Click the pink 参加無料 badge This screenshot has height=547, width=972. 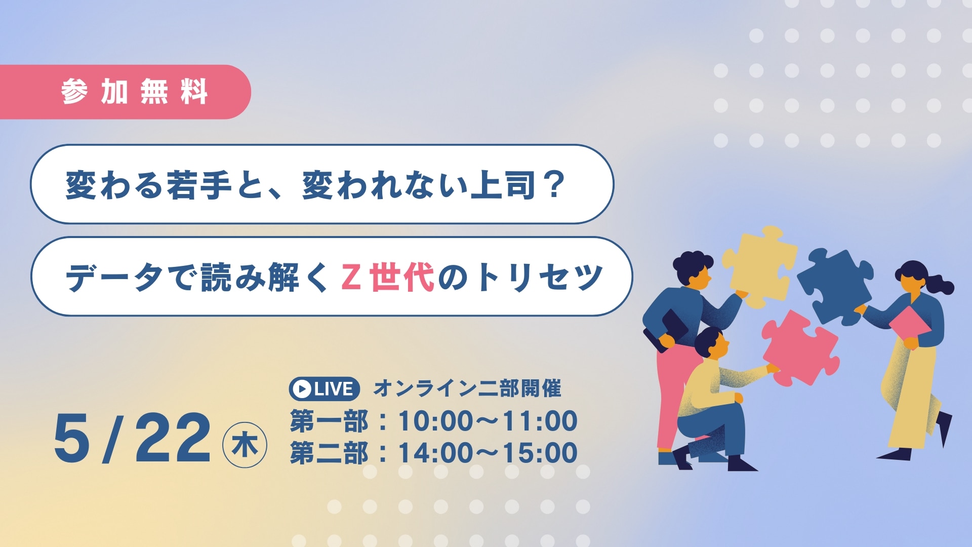coord(126,92)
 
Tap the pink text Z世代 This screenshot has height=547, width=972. coord(388,278)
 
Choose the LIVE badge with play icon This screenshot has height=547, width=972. coord(325,389)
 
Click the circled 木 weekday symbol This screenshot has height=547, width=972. coord(245,445)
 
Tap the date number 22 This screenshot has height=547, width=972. coord(173,438)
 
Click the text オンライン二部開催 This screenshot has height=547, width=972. coord(467,388)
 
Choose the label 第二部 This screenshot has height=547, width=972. coord(329,453)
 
